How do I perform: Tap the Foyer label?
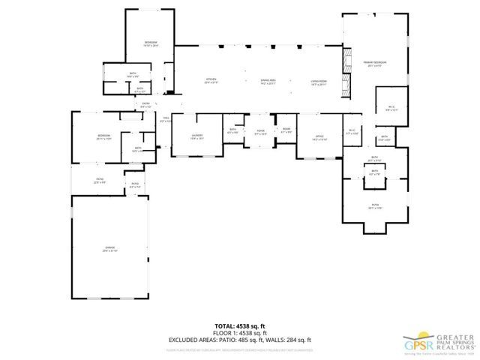(x=260, y=132)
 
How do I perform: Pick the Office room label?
(x=319, y=136)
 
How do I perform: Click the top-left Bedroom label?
(x=151, y=43)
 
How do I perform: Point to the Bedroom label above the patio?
(x=103, y=136)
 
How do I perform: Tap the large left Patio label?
(x=99, y=180)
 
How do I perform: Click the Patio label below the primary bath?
(x=373, y=205)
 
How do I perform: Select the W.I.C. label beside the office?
(x=352, y=131)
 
